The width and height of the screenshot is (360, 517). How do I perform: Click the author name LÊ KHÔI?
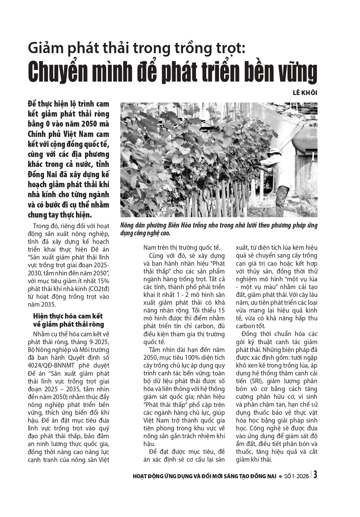(x=305, y=93)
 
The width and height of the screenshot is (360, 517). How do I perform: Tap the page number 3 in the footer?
(x=316, y=475)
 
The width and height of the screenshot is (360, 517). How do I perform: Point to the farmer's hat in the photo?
(x=274, y=151)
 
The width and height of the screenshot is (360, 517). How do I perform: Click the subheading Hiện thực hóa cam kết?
(x=68, y=316)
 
